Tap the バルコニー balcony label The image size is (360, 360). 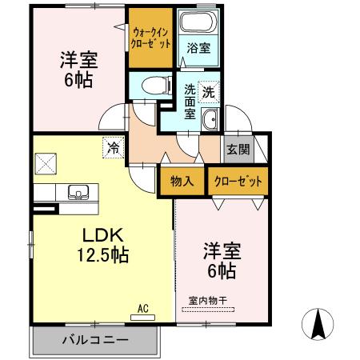(95, 340)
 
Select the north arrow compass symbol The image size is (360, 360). (318, 324)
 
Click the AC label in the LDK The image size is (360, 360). (143, 307)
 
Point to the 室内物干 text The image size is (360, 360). (207, 301)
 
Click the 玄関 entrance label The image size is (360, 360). (237, 149)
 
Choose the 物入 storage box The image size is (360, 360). (182, 181)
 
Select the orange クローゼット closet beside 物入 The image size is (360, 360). (238, 181)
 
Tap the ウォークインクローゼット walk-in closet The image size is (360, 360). (151, 38)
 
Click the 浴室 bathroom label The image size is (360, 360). (198, 48)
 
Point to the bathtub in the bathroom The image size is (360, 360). (198, 22)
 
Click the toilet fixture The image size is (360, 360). (150, 85)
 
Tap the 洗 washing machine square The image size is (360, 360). (207, 92)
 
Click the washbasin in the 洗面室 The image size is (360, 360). (210, 120)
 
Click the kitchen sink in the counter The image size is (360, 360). (78, 192)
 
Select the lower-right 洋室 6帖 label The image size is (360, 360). (221, 261)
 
